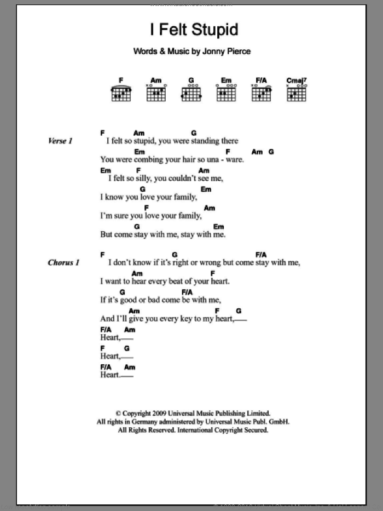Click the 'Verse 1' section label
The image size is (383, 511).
coord(60,141)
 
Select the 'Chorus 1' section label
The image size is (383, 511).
coord(63,263)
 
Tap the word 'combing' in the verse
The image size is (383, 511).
coord(142,159)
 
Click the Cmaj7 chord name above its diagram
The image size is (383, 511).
coord(296,81)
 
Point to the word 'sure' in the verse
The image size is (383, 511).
coord(123,215)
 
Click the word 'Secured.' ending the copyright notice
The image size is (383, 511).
coord(254,430)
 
